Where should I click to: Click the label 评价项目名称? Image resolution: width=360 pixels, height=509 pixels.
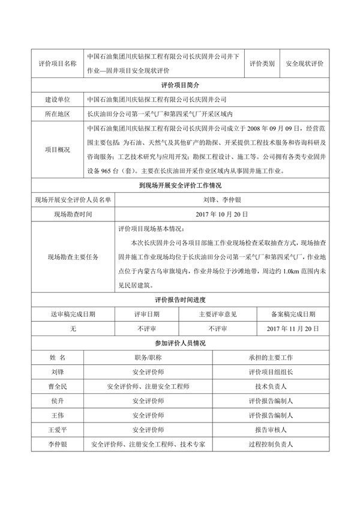[x=57, y=63]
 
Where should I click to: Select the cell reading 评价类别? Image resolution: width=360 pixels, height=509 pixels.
[x=262, y=63]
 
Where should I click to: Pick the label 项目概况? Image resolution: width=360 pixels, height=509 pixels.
[x=57, y=149]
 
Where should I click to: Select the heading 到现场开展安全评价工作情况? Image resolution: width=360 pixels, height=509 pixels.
[x=180, y=186]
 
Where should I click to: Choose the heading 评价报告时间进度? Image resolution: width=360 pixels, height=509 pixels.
[x=180, y=300]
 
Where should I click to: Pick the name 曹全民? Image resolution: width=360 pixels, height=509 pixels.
[x=58, y=387]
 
